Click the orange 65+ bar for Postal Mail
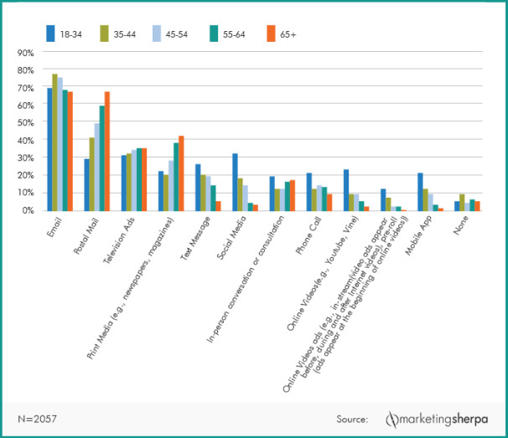106,152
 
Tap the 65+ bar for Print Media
180,173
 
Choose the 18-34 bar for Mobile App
419,192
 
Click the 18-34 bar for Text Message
198,188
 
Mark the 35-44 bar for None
463,202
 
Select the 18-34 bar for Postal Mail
86,184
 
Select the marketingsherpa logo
435,418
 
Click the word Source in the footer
351,418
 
